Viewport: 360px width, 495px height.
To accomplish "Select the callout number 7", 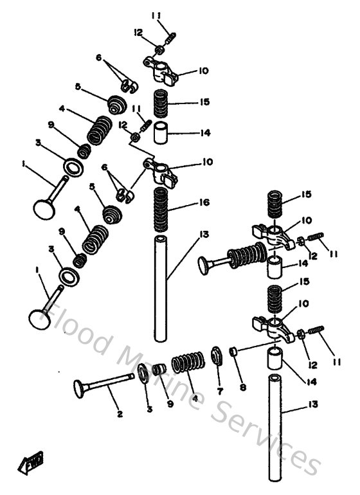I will click(x=219, y=391).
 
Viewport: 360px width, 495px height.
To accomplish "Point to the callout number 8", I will click(x=242, y=388).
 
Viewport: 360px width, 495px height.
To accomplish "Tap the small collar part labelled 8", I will click(x=234, y=352).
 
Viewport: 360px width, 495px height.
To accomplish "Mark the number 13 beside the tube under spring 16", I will click(x=204, y=235).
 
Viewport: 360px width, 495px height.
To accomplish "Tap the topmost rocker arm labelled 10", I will click(x=159, y=68).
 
